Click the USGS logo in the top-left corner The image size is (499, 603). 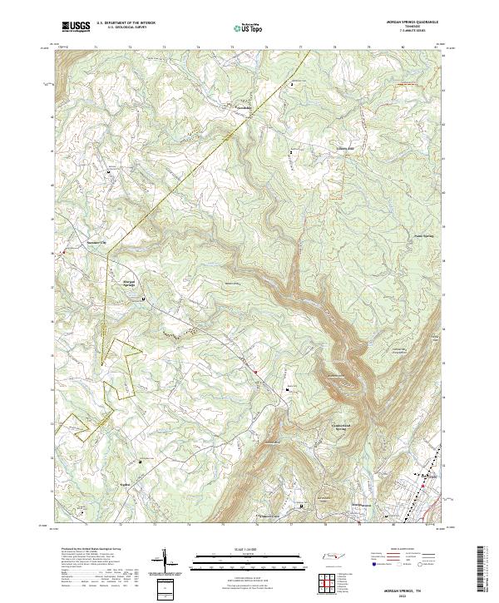point(75,27)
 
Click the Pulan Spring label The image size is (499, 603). point(424,235)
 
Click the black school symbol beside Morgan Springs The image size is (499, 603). point(143,298)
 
